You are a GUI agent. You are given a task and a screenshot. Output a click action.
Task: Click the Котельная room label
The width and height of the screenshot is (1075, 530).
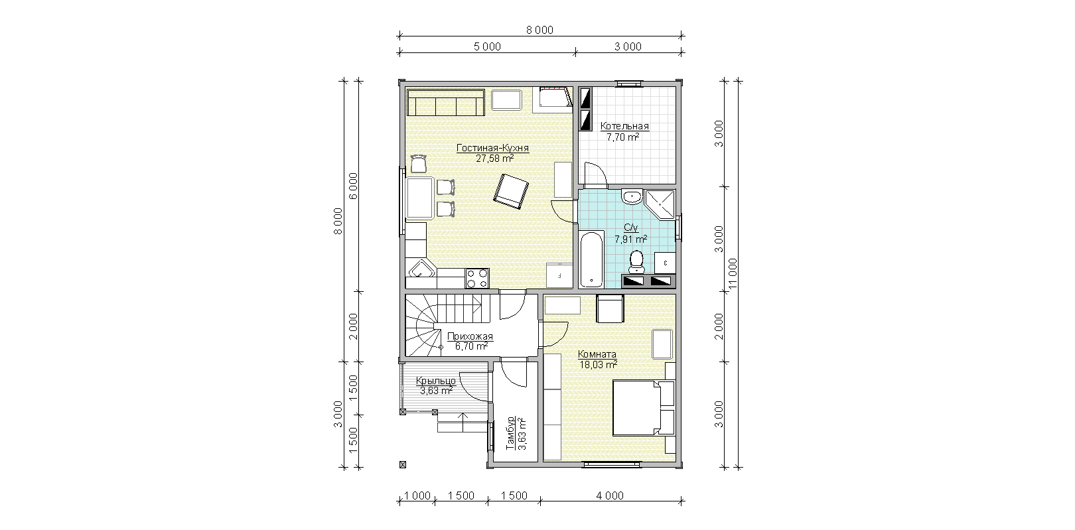[624, 126]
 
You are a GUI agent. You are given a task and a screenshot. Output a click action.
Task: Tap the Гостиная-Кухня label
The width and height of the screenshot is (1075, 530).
[492, 148]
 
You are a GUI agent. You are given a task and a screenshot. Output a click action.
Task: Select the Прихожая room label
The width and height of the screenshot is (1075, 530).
[470, 336]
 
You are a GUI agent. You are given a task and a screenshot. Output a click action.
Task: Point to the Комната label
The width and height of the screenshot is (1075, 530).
[597, 354]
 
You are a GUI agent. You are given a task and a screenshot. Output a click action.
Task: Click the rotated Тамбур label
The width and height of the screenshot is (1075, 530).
[511, 432]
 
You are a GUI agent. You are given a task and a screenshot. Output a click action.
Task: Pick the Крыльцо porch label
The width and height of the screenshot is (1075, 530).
[436, 381]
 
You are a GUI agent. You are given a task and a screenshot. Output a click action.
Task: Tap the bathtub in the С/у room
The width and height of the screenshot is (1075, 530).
[591, 259]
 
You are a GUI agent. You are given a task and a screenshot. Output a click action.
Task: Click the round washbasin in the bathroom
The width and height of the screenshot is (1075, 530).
[632, 196]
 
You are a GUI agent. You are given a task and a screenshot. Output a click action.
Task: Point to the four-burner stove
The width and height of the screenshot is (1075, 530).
[477, 278]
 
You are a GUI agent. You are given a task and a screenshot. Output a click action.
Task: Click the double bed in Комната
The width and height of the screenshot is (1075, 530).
[644, 408]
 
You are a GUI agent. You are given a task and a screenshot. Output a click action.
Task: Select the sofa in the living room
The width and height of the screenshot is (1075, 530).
[445, 102]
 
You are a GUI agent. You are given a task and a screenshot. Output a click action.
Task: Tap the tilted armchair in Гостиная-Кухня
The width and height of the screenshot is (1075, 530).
[511, 191]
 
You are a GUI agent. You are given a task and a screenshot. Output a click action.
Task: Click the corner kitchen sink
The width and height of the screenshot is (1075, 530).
[421, 269]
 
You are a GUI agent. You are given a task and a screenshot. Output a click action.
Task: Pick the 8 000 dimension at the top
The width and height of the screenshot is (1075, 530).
[540, 30]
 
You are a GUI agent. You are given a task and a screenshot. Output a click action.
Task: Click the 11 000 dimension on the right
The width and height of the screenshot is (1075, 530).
[733, 274]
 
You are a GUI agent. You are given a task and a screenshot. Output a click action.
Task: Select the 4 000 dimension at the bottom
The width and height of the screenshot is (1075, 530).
[610, 496]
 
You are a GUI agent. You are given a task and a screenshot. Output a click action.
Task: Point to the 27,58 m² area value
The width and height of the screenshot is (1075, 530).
[495, 159]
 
